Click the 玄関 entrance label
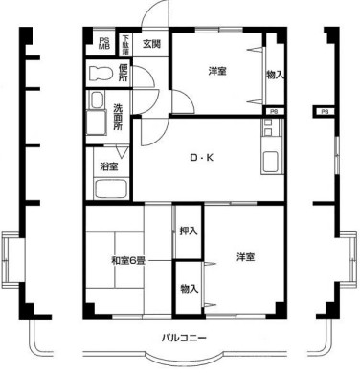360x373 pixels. click(x=153, y=43)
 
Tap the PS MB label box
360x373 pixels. click(x=104, y=44)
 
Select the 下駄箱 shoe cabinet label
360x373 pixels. click(x=125, y=44)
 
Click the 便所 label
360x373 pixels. click(x=124, y=72)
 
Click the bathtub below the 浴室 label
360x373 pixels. click(x=106, y=188)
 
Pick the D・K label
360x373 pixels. click(x=200, y=158)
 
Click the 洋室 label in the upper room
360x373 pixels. click(x=217, y=70)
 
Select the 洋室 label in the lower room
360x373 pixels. click(x=246, y=256)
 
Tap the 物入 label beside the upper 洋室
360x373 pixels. click(x=274, y=75)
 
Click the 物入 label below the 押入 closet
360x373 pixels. click(x=188, y=288)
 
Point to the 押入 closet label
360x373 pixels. click(x=188, y=230)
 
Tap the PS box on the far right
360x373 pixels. click(x=326, y=112)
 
